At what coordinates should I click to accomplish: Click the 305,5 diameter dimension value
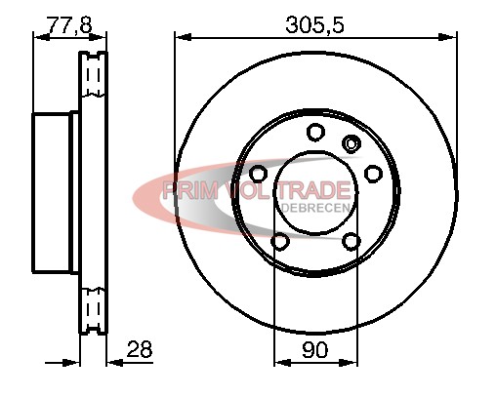point(314,24)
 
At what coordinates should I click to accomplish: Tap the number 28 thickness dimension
point(140,349)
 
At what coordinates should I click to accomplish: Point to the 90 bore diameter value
point(315,350)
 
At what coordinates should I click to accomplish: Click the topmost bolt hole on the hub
point(315,132)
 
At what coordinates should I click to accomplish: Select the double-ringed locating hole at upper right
point(351,143)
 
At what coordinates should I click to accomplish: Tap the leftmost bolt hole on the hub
point(259,174)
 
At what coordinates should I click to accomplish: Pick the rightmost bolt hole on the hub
point(373,174)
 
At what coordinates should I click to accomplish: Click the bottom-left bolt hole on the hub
point(280,241)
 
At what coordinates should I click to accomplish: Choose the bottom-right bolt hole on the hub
point(351,241)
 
